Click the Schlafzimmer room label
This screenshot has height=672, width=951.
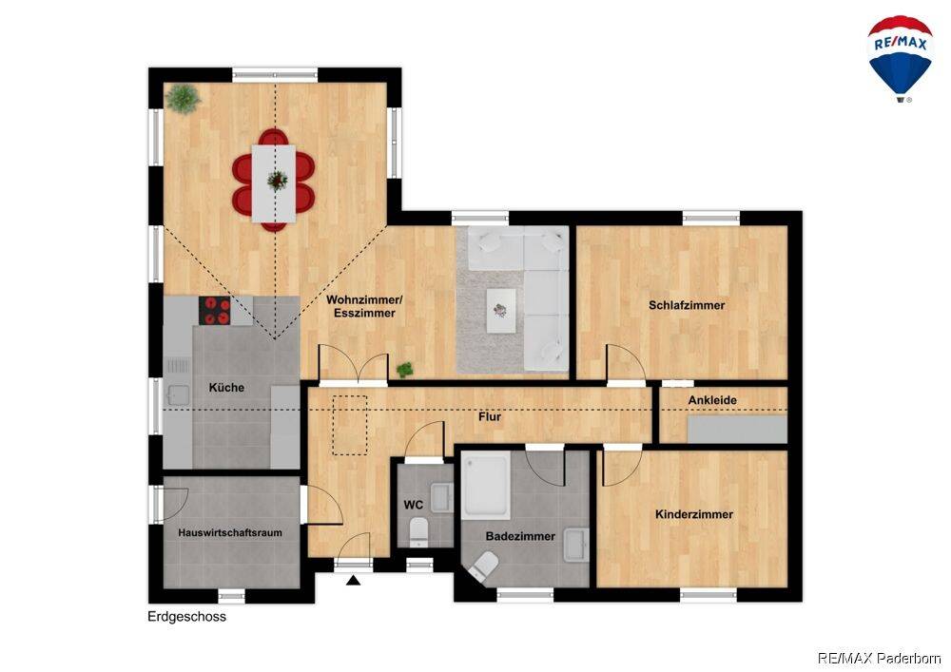(x=687, y=305)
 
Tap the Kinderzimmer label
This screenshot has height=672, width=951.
(x=694, y=514)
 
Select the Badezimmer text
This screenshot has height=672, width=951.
(x=520, y=536)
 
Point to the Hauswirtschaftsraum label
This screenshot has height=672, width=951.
(x=230, y=533)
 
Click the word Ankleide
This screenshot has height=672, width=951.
(x=712, y=400)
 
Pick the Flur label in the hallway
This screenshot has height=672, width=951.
(x=490, y=417)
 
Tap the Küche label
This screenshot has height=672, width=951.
(x=226, y=388)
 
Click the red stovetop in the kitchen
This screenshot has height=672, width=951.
(x=215, y=310)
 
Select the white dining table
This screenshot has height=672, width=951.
(x=274, y=183)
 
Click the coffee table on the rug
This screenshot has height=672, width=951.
(x=501, y=310)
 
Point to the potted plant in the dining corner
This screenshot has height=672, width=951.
(x=184, y=98)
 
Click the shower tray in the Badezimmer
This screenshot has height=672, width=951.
(x=486, y=486)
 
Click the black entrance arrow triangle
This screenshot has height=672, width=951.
(x=354, y=581)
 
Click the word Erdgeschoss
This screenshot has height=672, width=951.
(x=186, y=617)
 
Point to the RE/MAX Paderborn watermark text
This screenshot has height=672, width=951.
(x=880, y=658)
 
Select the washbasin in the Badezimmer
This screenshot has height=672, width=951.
(x=575, y=545)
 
